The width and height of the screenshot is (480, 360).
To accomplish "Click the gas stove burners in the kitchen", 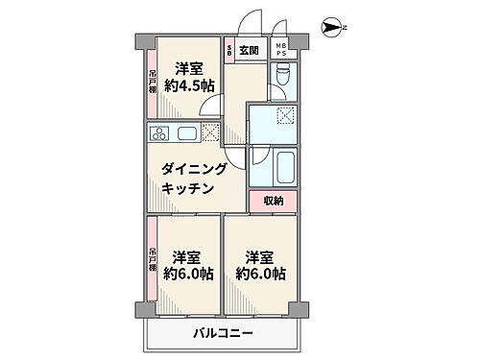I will [x=159, y=132].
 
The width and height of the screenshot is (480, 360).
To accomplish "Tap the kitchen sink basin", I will [x=188, y=132].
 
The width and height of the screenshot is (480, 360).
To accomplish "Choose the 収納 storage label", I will [x=273, y=201].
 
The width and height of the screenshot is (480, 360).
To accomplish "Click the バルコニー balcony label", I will [x=220, y=333].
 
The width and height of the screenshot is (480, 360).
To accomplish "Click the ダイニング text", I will [x=195, y=169].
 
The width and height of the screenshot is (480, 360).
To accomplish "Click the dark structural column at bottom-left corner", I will [x=141, y=309].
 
